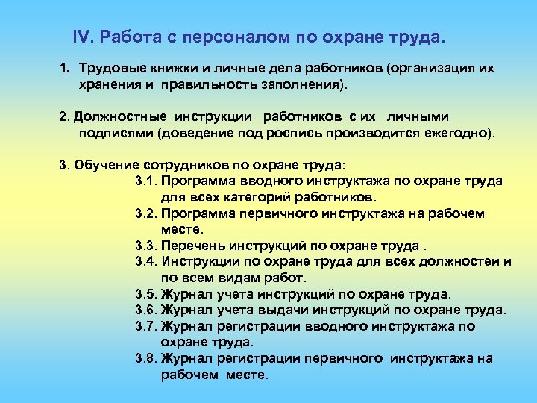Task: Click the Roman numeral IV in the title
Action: (x=82, y=37)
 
